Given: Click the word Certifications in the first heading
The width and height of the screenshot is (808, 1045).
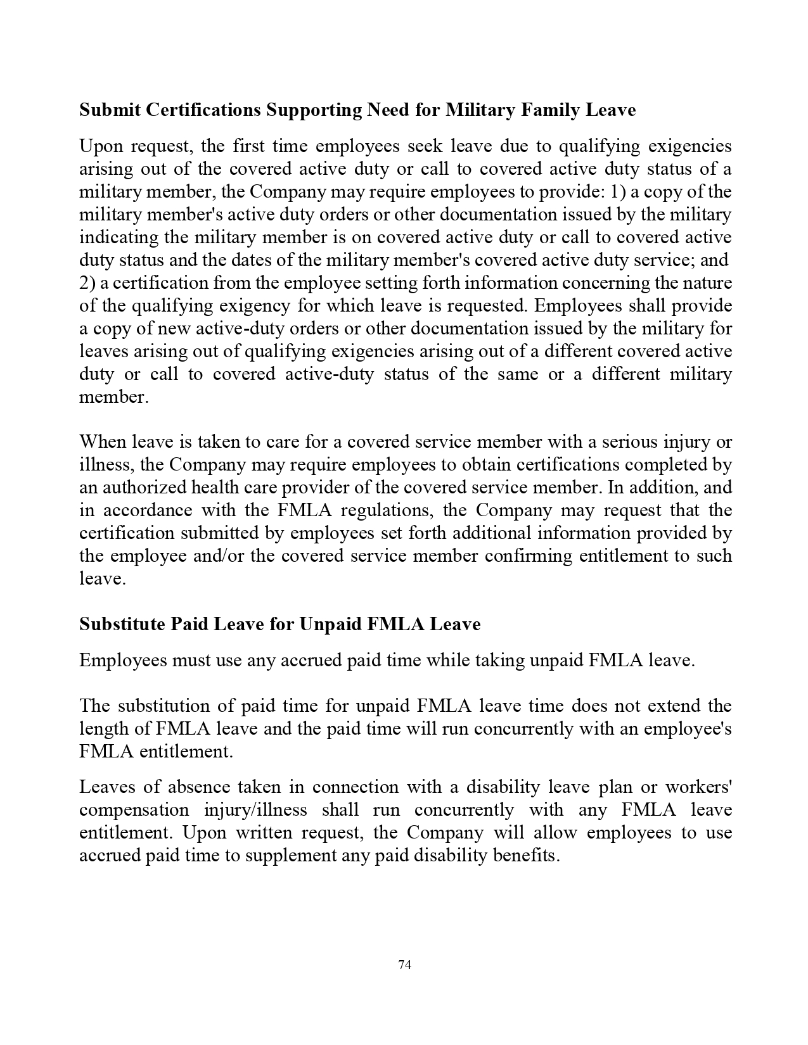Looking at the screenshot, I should (203, 110).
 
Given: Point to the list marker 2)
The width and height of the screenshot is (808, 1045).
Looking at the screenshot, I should (87, 283).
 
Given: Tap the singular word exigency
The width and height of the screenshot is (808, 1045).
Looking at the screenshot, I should (255, 306).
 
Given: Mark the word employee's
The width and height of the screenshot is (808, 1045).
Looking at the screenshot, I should (688, 728).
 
